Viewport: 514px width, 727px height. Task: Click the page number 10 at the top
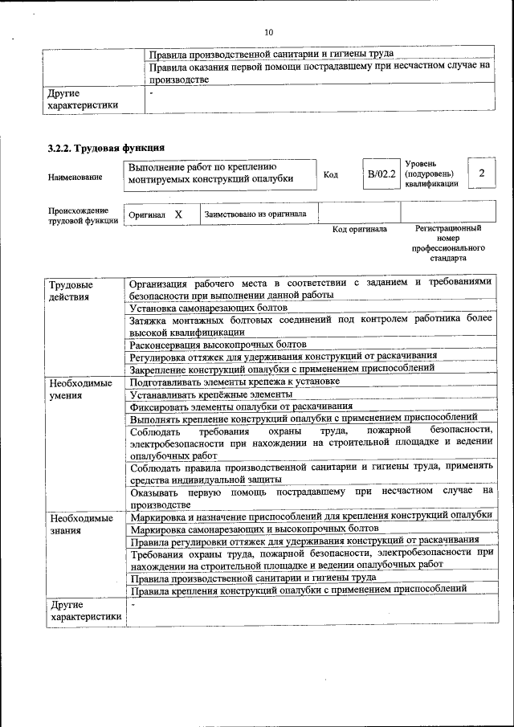(x=268, y=32)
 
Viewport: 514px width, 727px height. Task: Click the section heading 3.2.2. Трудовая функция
(x=106, y=148)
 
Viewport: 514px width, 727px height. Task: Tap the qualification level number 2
(x=481, y=174)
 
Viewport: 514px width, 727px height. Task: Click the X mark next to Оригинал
(x=178, y=214)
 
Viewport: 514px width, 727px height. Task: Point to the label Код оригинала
(x=359, y=230)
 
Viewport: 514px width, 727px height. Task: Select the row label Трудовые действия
(x=71, y=290)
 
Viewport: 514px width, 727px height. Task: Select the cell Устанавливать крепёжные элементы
(x=210, y=394)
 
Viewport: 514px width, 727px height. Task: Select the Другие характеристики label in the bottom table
(x=84, y=611)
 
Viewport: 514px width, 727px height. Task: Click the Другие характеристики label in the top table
(x=83, y=99)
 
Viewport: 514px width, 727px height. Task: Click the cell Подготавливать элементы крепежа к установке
(x=234, y=382)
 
